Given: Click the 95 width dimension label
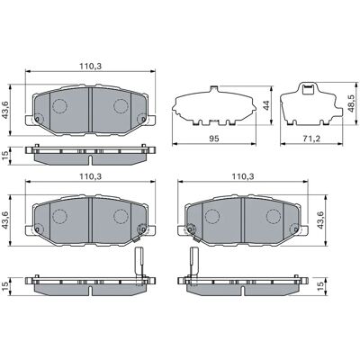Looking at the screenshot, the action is [x=214, y=139].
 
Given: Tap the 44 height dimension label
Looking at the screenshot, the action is [x=266, y=105].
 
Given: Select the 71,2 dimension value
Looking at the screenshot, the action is [x=310, y=139].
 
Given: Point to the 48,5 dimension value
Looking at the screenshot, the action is [x=351, y=103].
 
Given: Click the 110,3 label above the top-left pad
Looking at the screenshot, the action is [x=91, y=67].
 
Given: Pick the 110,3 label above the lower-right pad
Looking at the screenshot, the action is [x=243, y=176].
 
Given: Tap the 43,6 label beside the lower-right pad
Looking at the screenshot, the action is [x=320, y=220].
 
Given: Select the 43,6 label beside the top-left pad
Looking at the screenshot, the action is [x=6, y=110].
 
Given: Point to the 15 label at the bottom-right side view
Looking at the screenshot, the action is [x=320, y=285].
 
